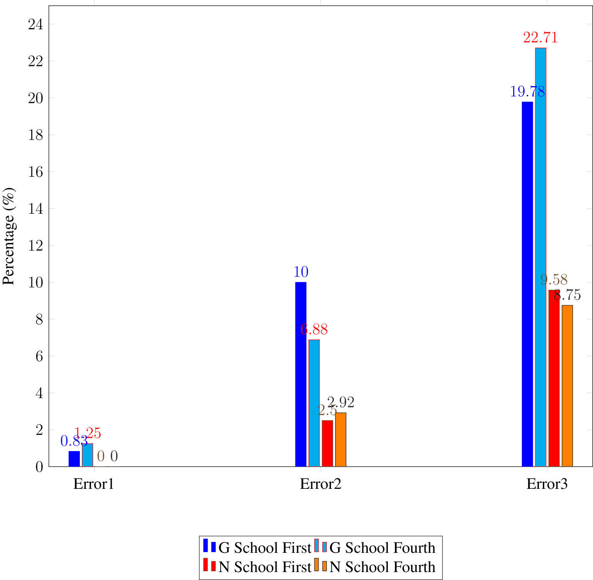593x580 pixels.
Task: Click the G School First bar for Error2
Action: [300, 374]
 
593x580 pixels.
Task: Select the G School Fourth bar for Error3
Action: [540, 257]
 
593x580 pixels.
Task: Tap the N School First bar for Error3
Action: [554, 378]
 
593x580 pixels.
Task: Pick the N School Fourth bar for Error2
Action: [341, 439]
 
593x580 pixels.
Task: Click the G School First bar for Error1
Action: [74, 459]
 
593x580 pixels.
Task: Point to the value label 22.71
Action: [540, 38]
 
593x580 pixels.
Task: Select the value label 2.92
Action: [341, 403]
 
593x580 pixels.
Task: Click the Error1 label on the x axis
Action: [94, 484]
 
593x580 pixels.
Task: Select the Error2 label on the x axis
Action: [321, 484]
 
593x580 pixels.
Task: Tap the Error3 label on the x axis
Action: [547, 484]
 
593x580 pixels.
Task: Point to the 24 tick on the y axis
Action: [36, 25]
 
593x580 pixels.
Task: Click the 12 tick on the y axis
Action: [36, 246]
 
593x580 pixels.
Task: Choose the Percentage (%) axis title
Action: [9, 236]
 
